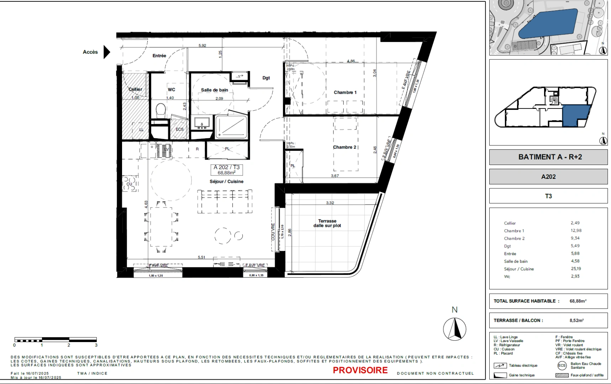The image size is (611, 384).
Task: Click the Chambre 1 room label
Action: pos(345,92)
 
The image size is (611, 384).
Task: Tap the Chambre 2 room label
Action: pos(344,147)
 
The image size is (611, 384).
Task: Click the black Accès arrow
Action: pos(106,52)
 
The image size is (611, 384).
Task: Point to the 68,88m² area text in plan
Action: pos(227,173)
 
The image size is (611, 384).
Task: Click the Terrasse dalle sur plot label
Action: pos(327,223)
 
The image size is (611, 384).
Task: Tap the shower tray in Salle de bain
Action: pos(231,127)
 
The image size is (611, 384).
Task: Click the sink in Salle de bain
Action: pos(202,124)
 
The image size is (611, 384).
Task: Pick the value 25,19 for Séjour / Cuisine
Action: pos(576,269)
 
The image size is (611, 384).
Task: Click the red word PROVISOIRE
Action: pos(360,370)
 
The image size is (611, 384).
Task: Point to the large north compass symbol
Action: pos(454,329)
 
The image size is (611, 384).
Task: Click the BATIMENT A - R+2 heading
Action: pos(550,157)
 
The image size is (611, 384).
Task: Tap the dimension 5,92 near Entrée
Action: pos(202,46)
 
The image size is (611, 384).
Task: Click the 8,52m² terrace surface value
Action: pos(576,320)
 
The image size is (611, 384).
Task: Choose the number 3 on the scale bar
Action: pos(96,345)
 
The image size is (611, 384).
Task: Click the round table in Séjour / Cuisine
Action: pos(223,236)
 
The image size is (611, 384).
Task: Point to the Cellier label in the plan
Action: pos(135,89)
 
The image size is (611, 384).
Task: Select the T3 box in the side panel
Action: pos(548,196)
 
